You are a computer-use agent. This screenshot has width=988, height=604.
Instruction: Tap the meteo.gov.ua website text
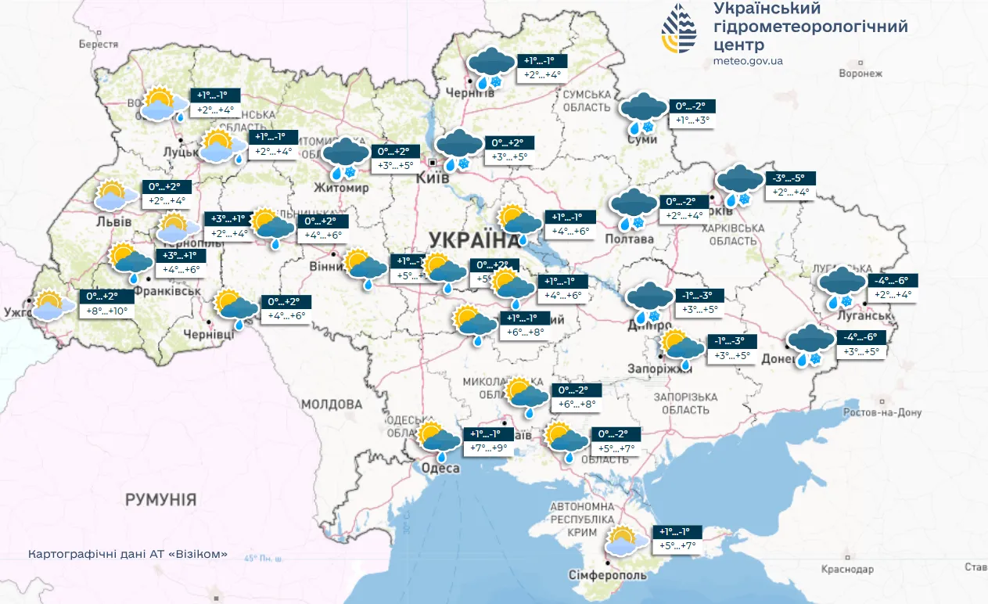748,61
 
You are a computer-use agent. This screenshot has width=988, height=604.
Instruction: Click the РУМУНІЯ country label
160,499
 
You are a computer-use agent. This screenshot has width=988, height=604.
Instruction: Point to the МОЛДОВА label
333,404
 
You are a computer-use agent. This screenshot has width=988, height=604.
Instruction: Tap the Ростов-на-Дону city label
882,412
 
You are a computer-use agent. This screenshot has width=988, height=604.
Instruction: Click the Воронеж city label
860,74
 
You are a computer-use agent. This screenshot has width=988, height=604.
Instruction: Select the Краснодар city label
846,569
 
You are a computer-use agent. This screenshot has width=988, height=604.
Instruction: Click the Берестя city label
98,45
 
